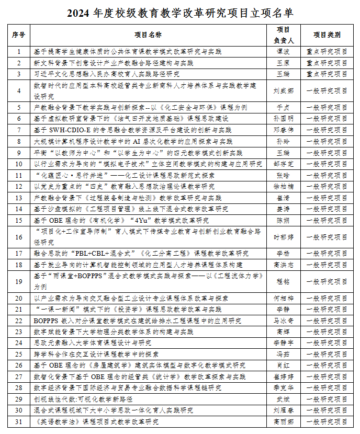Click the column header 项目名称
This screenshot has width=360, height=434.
[148, 35]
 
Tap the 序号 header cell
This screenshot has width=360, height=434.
[19, 35]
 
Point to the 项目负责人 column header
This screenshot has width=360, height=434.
[283, 35]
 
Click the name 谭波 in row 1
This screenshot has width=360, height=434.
[283, 52]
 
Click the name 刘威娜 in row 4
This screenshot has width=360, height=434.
[283, 90]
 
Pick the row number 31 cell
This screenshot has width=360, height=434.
[19, 421]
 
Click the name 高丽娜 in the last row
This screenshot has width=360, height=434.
[283, 421]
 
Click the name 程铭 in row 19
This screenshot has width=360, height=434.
[283, 281]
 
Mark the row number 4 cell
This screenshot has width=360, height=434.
[19, 90]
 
